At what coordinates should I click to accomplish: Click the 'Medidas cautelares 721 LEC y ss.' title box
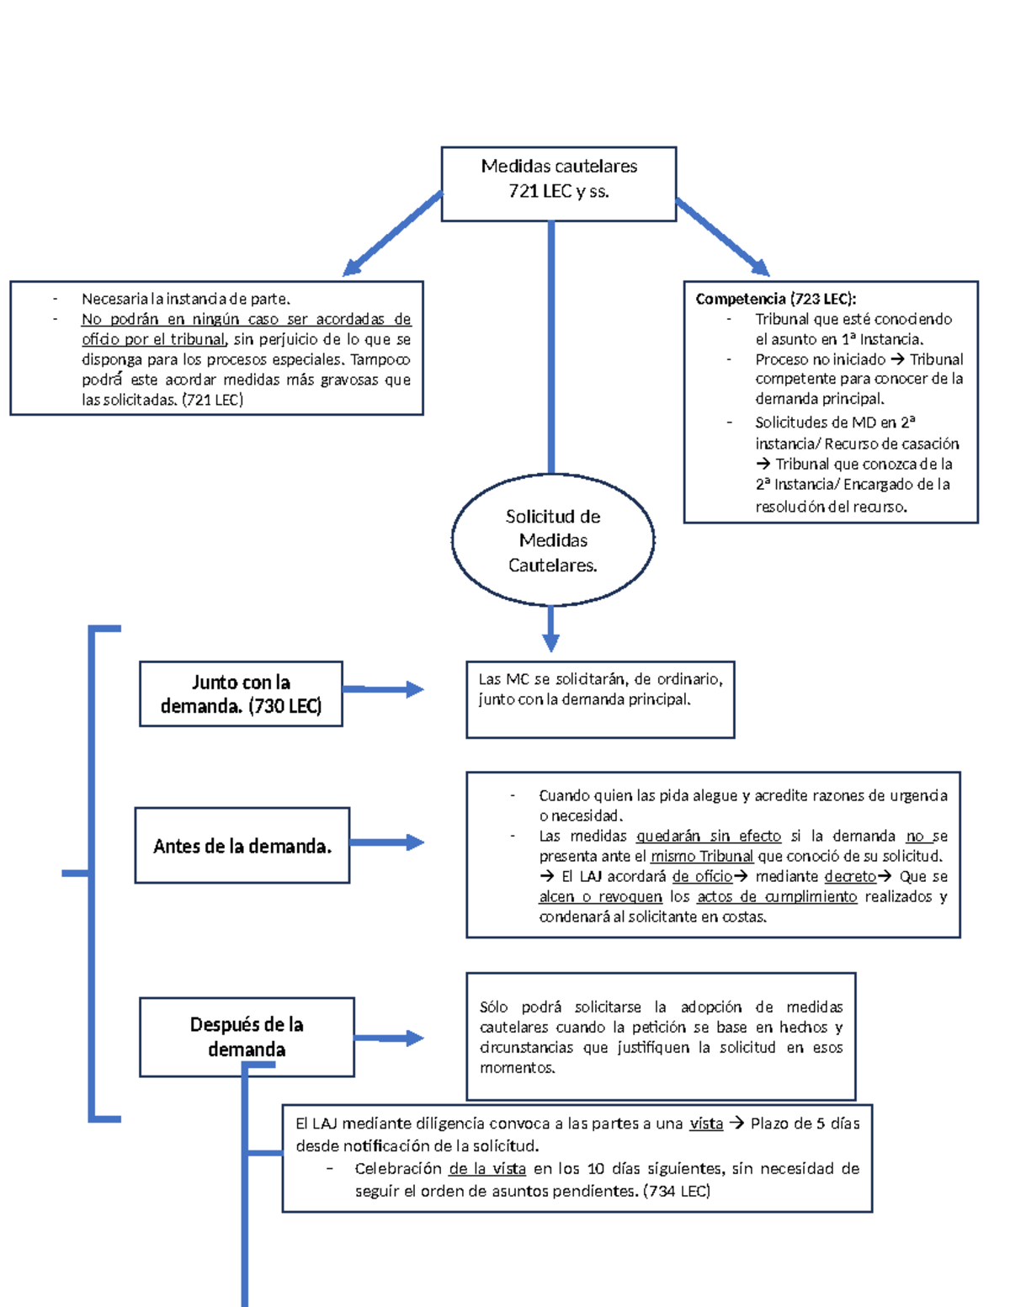[x=558, y=183]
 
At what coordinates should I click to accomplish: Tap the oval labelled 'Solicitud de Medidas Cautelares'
[x=553, y=540]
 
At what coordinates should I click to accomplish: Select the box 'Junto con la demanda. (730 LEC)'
[x=241, y=693]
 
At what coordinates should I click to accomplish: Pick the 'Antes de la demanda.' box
[x=242, y=846]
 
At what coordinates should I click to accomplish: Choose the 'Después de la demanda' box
[x=247, y=1036]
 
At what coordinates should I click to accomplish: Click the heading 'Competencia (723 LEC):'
[x=775, y=299]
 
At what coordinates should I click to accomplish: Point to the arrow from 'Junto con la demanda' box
[x=384, y=689]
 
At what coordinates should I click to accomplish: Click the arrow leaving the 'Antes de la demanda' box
[x=387, y=842]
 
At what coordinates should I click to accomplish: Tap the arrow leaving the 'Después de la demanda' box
[x=389, y=1038]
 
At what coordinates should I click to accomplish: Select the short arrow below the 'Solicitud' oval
[x=550, y=629]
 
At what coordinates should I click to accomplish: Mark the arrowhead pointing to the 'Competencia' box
[x=758, y=267]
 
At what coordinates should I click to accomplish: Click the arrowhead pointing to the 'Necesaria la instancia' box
[x=353, y=267]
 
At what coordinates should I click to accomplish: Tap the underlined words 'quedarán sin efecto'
[x=708, y=836]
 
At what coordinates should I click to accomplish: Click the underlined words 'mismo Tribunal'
[x=701, y=856]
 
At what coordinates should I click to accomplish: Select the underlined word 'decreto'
[x=850, y=876]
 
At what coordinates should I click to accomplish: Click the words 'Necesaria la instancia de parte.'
[x=185, y=299]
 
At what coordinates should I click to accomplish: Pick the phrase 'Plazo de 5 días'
[x=805, y=1124]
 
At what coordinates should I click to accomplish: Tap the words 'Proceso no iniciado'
[x=820, y=359]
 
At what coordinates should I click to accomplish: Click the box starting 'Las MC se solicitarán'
[x=600, y=699]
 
